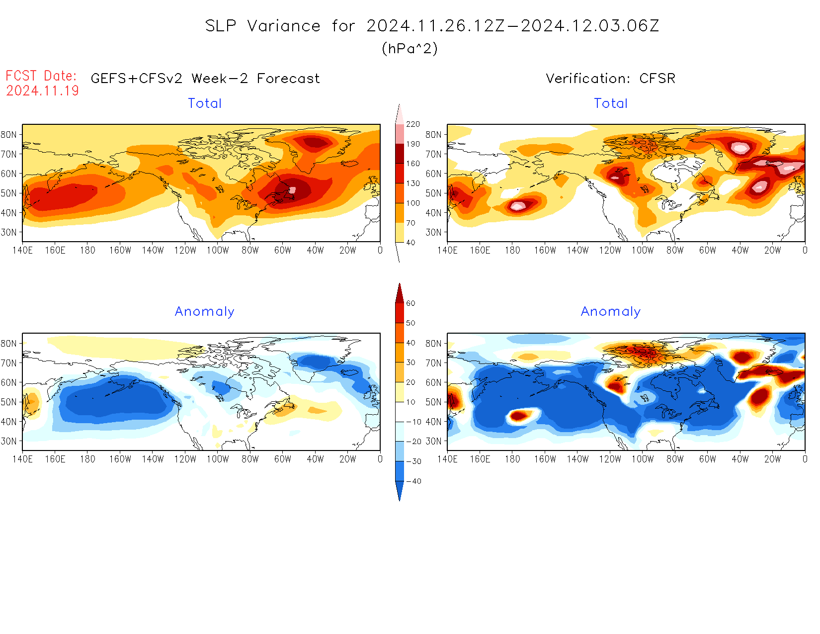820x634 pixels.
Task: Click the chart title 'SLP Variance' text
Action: (x=263, y=26)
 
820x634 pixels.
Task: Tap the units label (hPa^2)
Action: (x=410, y=48)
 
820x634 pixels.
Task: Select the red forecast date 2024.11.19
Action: (x=42, y=91)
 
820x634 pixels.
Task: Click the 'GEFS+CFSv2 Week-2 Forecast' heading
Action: (x=205, y=79)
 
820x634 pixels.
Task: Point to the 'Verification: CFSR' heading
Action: (x=610, y=79)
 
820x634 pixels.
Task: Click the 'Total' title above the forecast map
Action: (x=205, y=103)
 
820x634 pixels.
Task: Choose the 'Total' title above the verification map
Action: (x=611, y=103)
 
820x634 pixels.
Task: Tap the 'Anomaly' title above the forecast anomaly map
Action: (x=204, y=311)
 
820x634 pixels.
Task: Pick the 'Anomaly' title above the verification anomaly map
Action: (x=611, y=311)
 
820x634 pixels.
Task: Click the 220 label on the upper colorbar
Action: (x=413, y=124)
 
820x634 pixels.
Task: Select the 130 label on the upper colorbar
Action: (x=413, y=183)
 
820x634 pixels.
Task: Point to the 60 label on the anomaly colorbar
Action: (x=410, y=303)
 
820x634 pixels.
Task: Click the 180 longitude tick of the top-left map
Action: (x=87, y=250)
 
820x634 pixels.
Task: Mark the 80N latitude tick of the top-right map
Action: (x=433, y=134)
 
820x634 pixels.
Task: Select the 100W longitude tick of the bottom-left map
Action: (x=218, y=459)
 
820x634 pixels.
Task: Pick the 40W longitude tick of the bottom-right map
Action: (x=740, y=459)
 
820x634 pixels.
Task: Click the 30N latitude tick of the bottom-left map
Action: (x=8, y=441)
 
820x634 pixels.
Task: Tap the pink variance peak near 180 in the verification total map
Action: (x=517, y=205)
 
